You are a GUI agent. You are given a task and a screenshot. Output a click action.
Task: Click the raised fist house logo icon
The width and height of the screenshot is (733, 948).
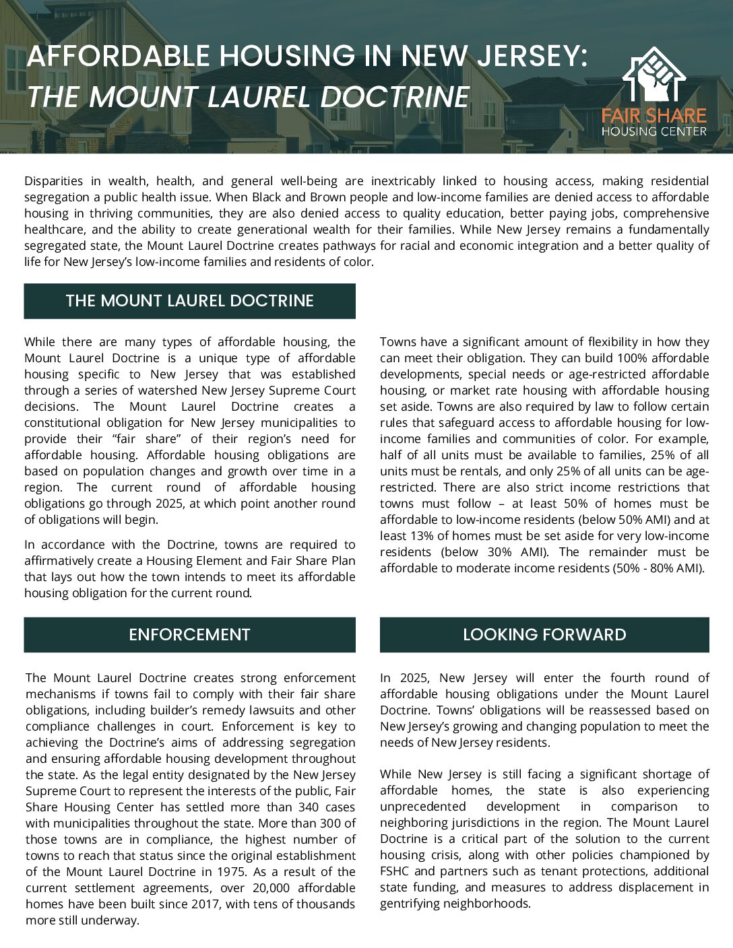654,75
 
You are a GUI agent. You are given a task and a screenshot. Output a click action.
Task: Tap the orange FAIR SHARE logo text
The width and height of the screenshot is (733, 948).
654,115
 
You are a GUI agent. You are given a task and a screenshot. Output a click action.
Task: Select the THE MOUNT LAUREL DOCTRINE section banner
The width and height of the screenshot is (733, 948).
189,301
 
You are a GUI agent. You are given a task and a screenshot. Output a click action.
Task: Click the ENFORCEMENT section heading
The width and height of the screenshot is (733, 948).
189,635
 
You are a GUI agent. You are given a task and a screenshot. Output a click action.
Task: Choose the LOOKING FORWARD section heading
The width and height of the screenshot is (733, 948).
544,635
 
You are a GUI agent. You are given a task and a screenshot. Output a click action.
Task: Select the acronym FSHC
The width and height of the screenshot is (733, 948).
395,871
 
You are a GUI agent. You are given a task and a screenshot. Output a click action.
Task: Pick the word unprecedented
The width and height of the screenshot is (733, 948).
422,807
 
